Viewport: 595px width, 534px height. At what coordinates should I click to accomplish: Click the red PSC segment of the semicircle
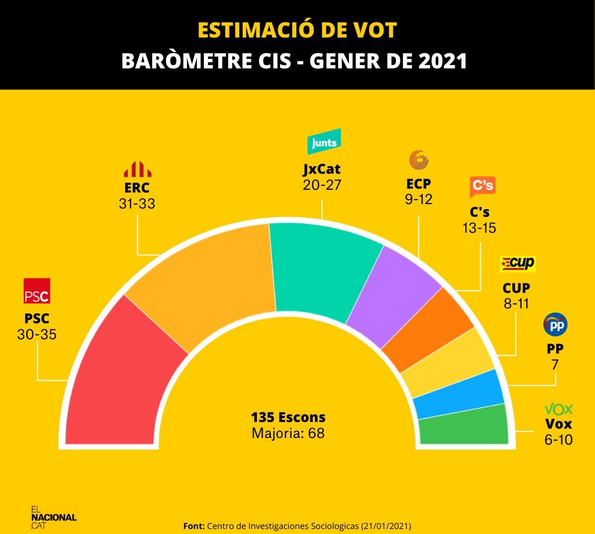tap(124, 375)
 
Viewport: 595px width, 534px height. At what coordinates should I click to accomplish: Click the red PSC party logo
tap(37, 291)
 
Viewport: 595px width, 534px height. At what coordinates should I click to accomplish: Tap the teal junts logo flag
tap(324, 142)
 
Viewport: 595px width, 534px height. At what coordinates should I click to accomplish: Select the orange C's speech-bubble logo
tap(483, 187)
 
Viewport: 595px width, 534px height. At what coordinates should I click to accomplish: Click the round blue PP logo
tap(555, 325)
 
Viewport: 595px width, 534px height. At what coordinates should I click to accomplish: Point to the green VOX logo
tap(559, 409)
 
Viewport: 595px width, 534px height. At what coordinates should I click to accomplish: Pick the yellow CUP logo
tap(517, 264)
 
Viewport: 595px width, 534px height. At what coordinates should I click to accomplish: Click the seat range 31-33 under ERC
tap(137, 204)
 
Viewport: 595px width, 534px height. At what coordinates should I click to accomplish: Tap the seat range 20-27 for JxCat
tap(322, 185)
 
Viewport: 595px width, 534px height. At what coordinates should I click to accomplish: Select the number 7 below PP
tap(555, 365)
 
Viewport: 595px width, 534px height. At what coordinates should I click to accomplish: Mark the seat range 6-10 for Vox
tap(558, 440)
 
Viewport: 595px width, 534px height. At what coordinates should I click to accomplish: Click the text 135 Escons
tap(288, 417)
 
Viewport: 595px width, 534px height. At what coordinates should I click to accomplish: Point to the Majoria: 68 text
tap(288, 434)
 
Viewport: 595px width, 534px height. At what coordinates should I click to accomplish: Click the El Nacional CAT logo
tap(53, 517)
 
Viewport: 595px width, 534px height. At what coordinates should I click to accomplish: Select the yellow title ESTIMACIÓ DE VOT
tap(297, 31)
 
